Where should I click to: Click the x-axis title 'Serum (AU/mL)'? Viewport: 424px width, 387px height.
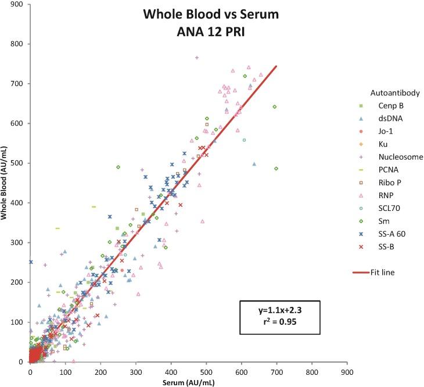(188, 381)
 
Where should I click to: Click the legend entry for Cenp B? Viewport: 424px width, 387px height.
(388, 106)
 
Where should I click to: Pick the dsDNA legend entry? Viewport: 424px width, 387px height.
(388, 119)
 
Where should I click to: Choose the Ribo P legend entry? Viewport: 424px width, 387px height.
(387, 182)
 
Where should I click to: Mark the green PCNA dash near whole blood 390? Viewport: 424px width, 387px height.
(94, 206)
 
